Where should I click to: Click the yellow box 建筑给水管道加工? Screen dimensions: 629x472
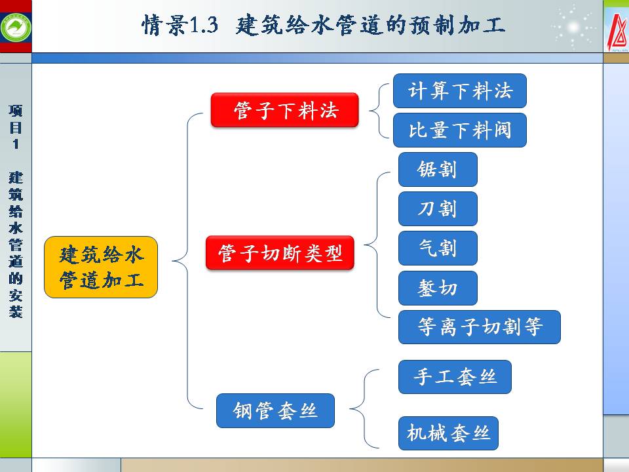(x=101, y=267)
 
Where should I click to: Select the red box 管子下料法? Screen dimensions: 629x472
(x=285, y=110)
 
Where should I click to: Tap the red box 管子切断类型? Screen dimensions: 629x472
(x=280, y=253)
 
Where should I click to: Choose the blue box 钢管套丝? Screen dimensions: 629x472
(x=275, y=411)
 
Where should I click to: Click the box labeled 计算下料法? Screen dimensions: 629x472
(x=459, y=91)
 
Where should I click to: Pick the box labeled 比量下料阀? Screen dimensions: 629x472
(x=459, y=130)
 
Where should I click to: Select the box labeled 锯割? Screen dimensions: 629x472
(x=438, y=170)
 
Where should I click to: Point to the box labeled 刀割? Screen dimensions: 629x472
(x=438, y=209)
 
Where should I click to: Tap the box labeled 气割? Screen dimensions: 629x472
(x=438, y=248)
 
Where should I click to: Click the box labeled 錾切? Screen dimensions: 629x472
(x=438, y=288)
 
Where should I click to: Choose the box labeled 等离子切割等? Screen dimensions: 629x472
(x=480, y=327)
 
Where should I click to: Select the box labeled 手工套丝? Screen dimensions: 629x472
(x=455, y=377)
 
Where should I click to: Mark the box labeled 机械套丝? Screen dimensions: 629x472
(x=448, y=433)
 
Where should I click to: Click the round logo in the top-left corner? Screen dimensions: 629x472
(x=15, y=26)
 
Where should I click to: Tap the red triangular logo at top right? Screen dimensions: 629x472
(x=616, y=29)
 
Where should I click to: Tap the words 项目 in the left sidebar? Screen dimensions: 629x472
(x=16, y=119)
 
